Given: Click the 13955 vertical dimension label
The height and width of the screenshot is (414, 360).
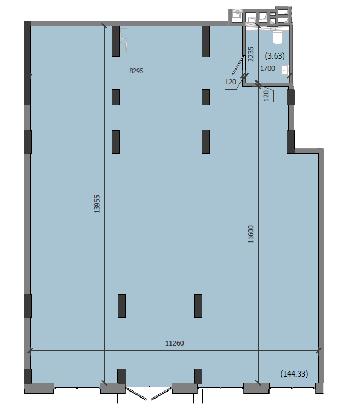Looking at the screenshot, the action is pos(97,204).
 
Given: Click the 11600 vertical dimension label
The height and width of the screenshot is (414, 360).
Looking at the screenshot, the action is pos(250,234).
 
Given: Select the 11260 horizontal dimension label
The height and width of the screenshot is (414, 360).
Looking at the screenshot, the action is pos(175,343).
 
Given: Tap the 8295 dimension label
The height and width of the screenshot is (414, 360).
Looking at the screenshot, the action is pos(136,71).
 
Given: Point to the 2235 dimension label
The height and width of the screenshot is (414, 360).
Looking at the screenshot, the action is pos(250,54).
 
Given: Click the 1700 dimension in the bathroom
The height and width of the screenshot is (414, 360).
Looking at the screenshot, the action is pos(268,68).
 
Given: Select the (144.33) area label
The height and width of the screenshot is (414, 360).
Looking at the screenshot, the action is pos(294,374).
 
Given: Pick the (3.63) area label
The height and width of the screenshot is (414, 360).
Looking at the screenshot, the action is pos(275,56).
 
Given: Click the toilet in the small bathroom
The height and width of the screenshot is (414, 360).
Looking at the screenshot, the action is pos(277,37).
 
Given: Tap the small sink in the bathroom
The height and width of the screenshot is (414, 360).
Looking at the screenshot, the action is pos(285,70).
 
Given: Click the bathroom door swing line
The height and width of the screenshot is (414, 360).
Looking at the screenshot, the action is pos(238,65).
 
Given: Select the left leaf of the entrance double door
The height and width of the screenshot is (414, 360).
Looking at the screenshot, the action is pos(137,394).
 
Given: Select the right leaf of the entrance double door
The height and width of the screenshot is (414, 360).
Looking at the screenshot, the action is pos(160,394).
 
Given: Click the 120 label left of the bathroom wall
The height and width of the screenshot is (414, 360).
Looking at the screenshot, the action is pos(230,82).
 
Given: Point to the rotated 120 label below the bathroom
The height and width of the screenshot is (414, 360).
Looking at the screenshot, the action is pos(266,96).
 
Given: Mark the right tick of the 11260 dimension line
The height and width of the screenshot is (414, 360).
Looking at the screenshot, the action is pos(318,350).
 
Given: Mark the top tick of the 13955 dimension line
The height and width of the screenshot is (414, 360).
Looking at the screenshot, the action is pos(104,26).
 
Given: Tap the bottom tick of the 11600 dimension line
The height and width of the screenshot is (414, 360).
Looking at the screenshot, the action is pos(258,383).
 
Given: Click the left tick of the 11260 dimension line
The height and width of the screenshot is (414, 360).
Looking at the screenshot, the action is pos(30,350).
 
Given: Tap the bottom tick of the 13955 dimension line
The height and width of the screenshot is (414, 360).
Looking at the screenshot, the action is pos(104,383).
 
